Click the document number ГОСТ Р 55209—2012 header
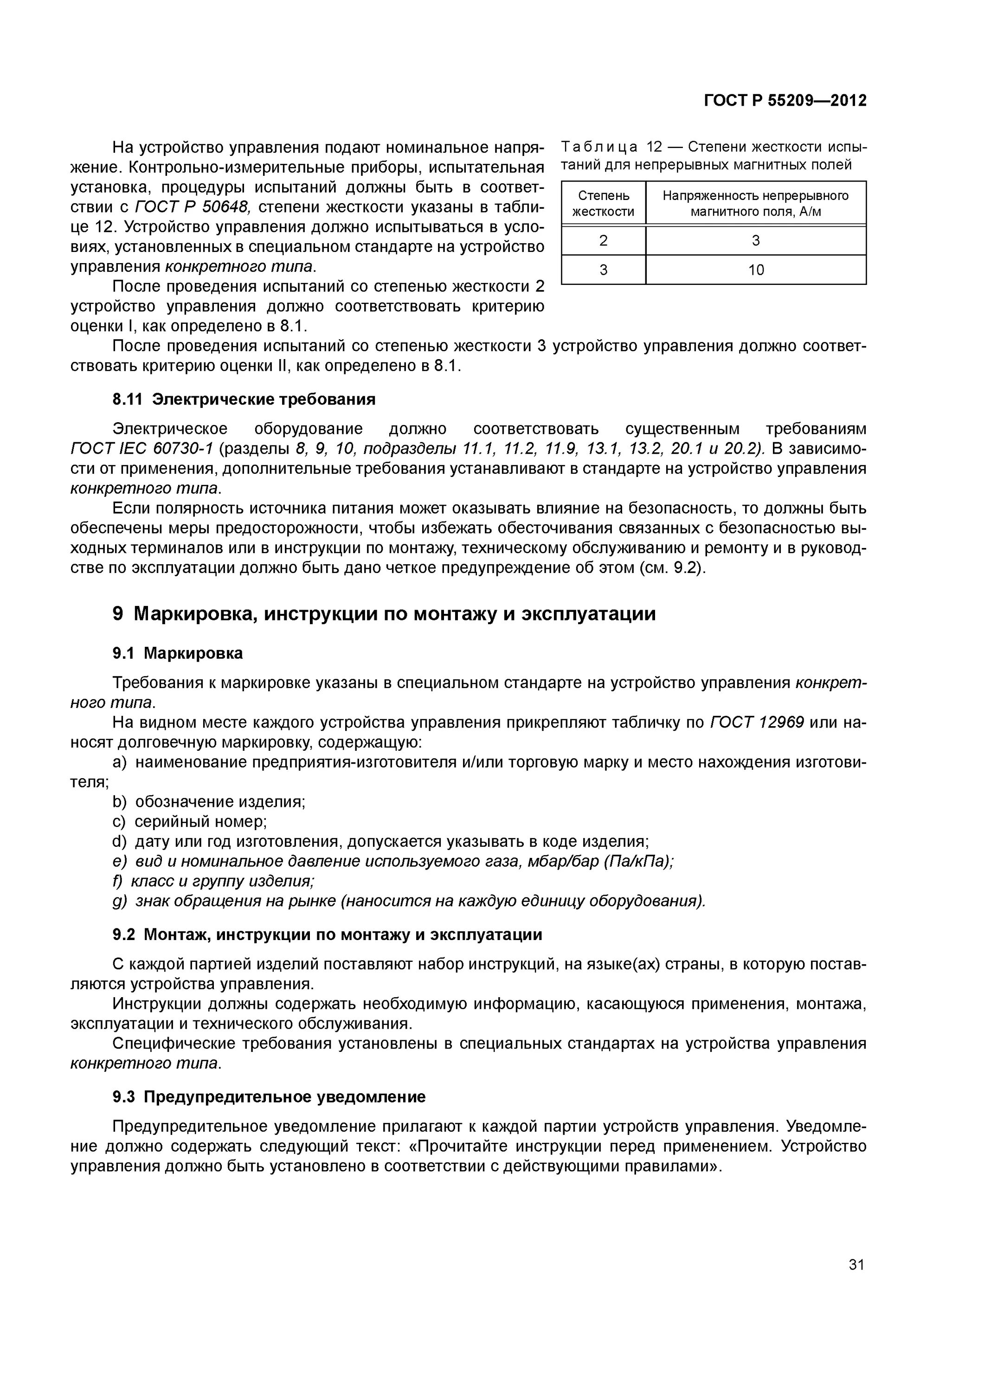click(785, 101)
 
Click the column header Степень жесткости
click(603, 203)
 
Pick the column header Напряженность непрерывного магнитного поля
click(755, 203)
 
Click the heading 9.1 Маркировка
click(177, 653)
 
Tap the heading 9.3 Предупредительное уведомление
click(269, 1096)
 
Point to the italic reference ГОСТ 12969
click(757, 722)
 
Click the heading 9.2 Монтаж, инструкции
click(328, 934)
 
